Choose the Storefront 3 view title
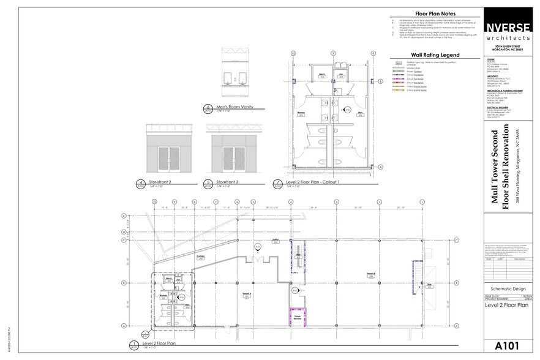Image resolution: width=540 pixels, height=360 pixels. tap(225, 182)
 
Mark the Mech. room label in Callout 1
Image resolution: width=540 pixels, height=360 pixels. tap(321, 74)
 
